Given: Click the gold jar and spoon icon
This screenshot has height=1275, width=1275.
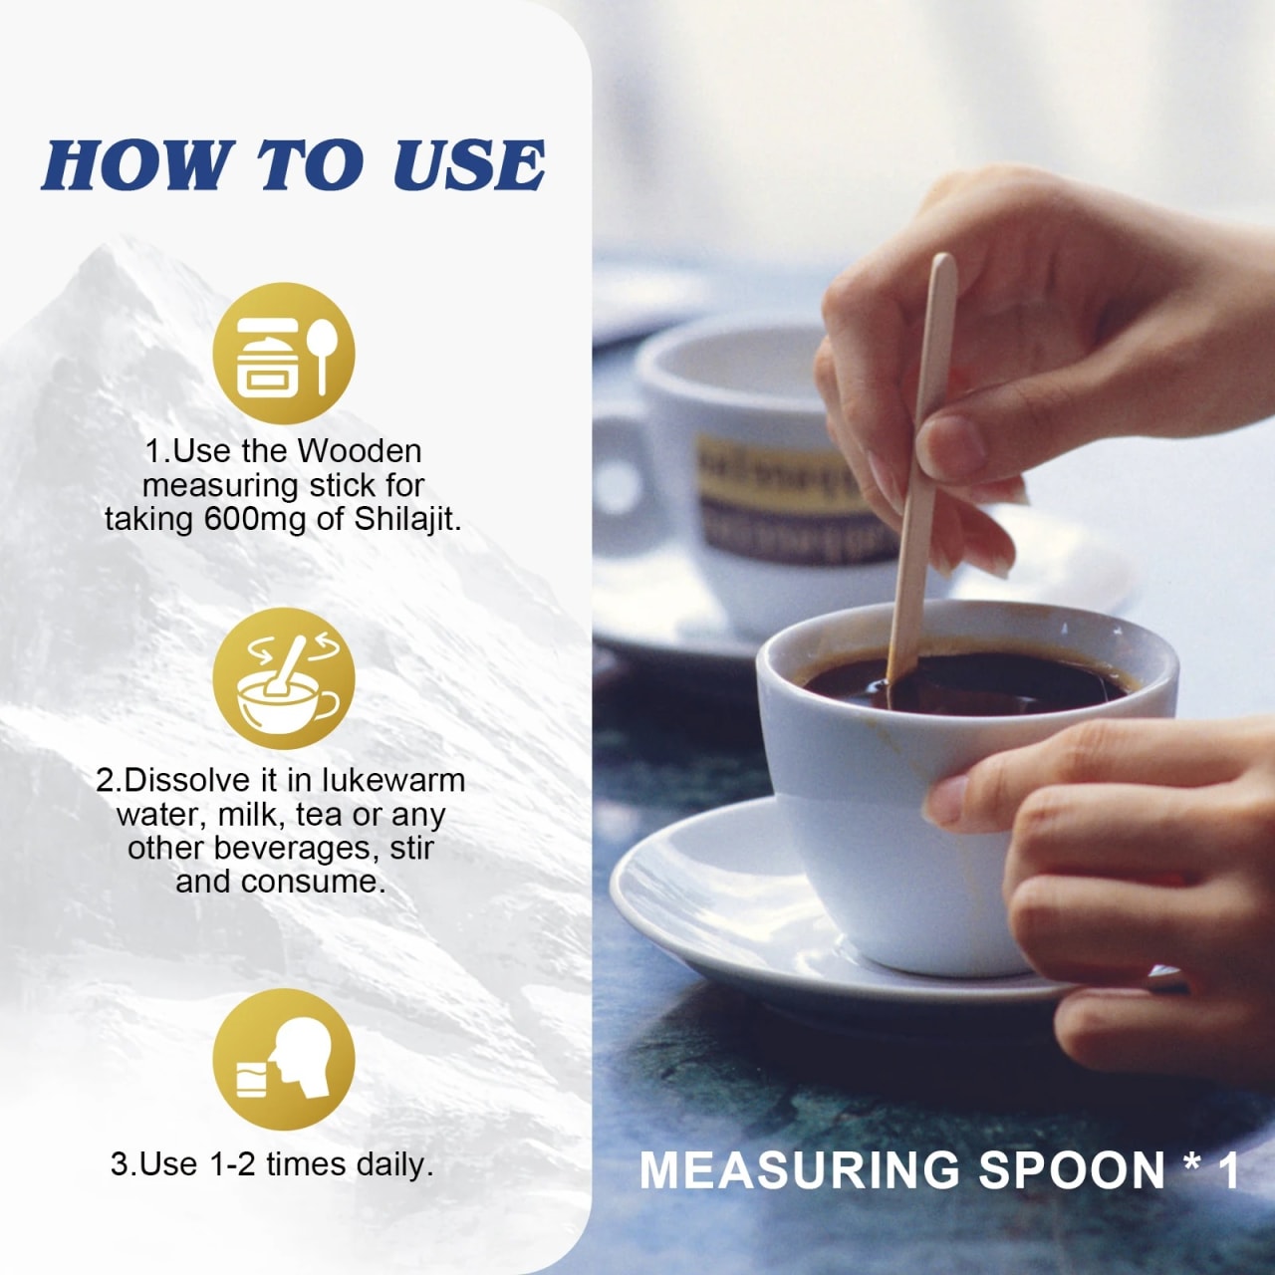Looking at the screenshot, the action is (283, 354).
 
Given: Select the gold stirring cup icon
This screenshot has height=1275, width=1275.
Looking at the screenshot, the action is (283, 678).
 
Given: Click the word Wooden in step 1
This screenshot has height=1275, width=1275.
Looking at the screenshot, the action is (360, 452).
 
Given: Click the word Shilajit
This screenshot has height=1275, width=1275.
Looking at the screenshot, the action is (407, 521).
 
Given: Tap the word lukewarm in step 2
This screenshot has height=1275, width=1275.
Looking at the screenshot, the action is (393, 781).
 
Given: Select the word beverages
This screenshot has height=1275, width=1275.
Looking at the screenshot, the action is (296, 849).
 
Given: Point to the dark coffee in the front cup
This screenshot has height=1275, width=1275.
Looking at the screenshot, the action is (966, 685).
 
